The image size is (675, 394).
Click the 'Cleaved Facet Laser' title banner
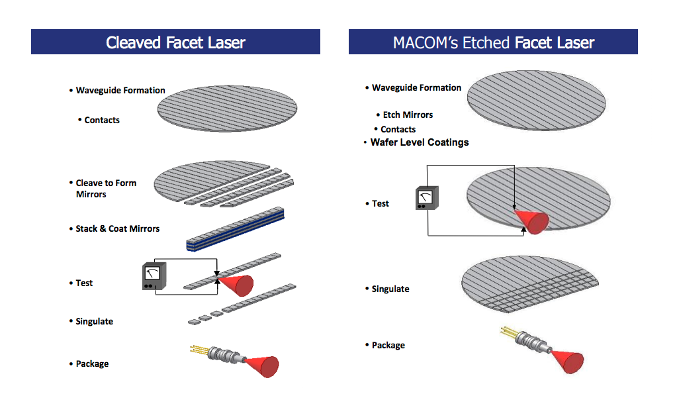(x=175, y=42)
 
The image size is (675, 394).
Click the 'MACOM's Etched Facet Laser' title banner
(x=493, y=42)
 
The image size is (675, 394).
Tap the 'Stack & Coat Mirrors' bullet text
(x=117, y=228)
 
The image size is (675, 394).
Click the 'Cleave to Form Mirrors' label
(x=106, y=188)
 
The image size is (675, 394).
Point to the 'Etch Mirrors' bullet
(x=408, y=115)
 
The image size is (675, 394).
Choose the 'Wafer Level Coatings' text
(x=420, y=142)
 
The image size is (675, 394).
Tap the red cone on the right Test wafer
(x=533, y=221)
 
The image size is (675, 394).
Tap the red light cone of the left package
(x=263, y=364)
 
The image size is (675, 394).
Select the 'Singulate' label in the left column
(x=94, y=321)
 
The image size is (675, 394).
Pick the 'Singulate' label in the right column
(x=390, y=289)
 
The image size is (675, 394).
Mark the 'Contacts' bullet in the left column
(x=102, y=120)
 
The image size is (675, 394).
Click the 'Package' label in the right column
(x=388, y=345)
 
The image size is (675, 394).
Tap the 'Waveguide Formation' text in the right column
(x=416, y=87)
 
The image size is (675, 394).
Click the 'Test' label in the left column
(x=84, y=283)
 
